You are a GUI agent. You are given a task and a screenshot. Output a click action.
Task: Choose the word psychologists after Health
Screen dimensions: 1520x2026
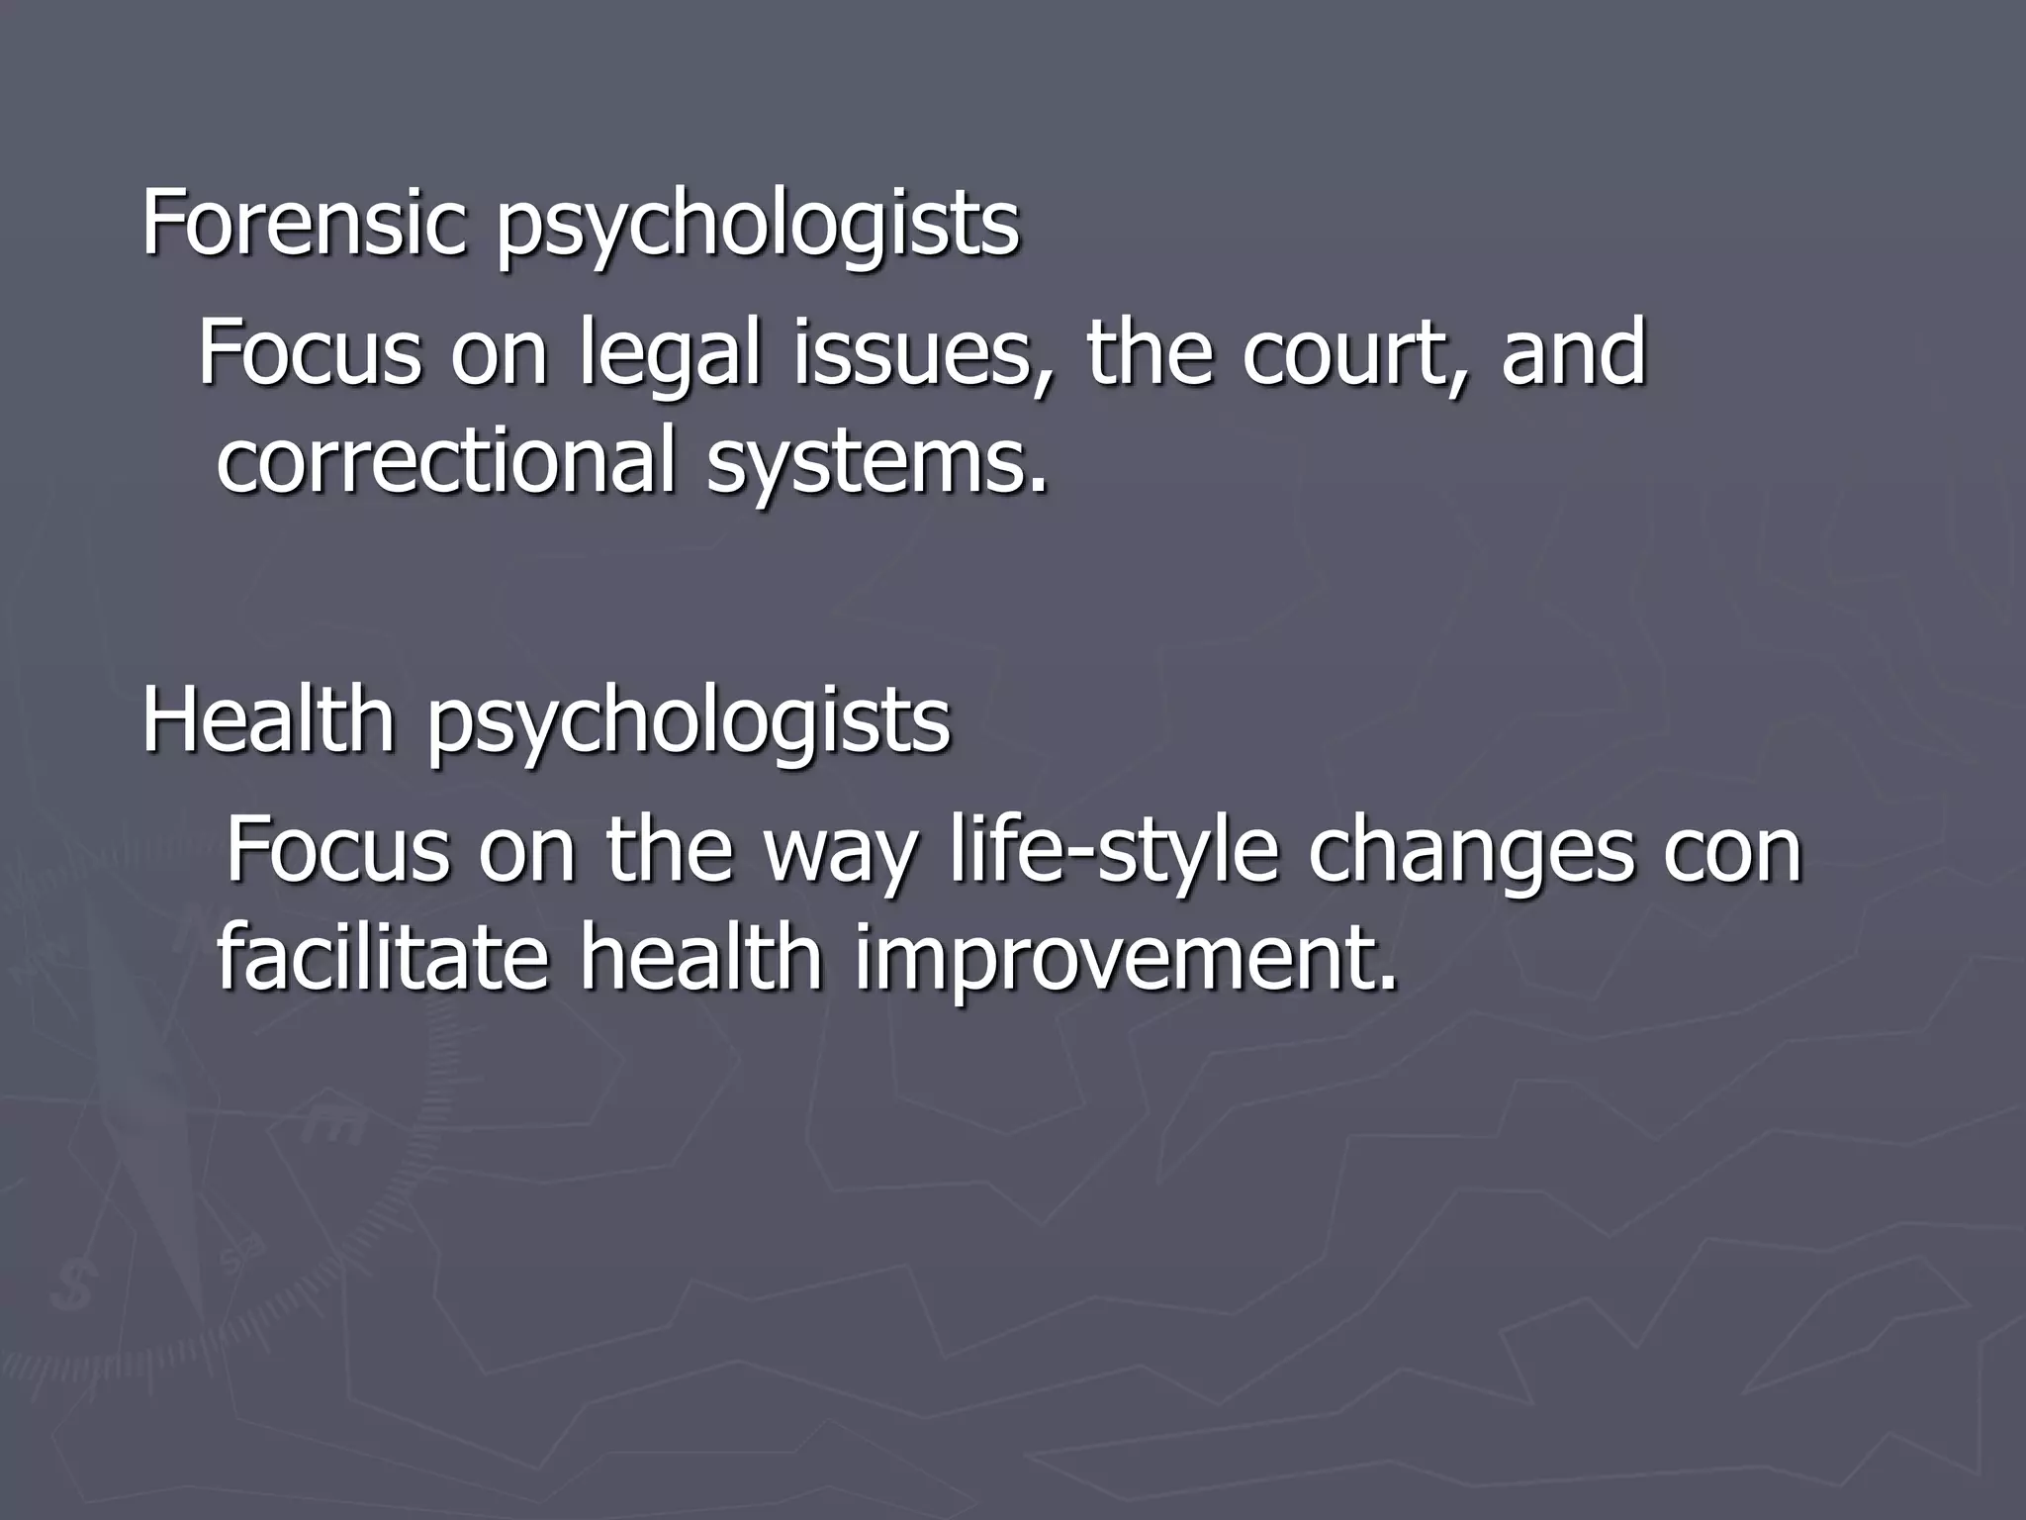point(689,725)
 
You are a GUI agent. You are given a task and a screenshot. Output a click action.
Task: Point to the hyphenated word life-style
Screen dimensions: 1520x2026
point(1113,853)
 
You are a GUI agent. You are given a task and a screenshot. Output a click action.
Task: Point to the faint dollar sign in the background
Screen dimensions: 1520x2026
point(77,1285)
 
